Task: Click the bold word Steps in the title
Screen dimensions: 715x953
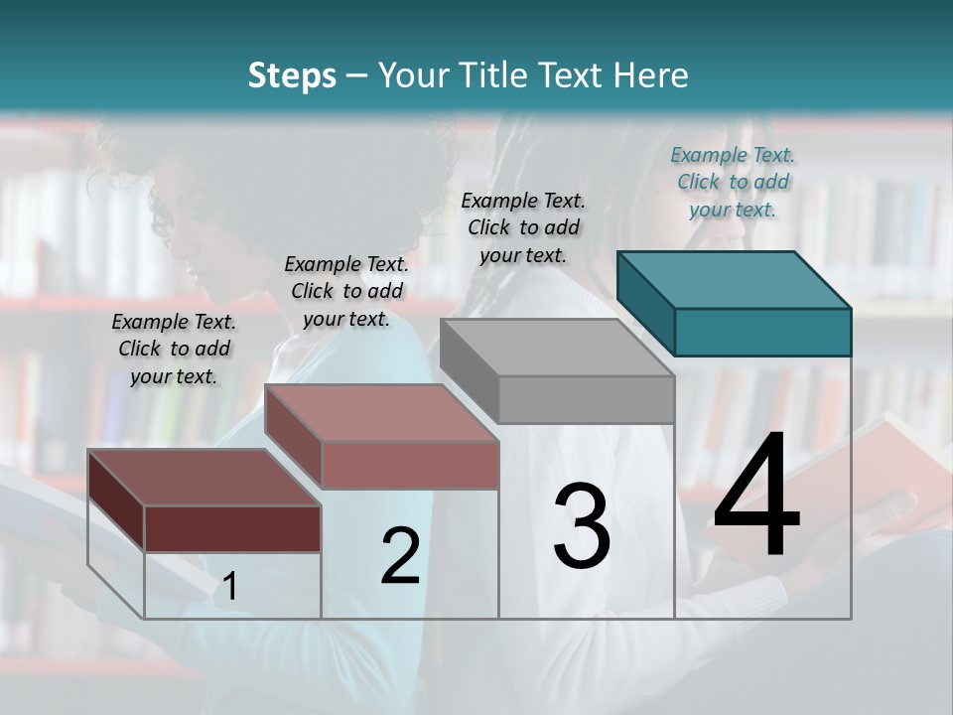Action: [292, 75]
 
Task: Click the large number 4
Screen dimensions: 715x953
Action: [756, 496]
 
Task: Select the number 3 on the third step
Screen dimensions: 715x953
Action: [582, 525]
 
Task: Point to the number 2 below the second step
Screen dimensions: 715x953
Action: [400, 556]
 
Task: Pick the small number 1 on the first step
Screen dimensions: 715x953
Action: [230, 586]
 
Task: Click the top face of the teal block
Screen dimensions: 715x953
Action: [735, 279]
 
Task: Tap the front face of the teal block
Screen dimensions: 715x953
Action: [762, 332]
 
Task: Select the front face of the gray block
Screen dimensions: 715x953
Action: [586, 400]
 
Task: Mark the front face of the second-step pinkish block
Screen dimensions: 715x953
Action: [410, 465]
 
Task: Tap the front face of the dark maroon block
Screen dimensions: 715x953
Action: [232, 528]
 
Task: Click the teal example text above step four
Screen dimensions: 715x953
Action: [733, 182]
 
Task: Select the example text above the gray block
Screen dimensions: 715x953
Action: [523, 227]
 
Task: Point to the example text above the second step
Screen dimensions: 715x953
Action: [346, 291]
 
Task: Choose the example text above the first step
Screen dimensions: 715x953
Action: [174, 349]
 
